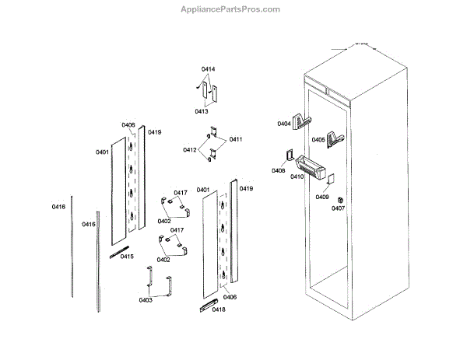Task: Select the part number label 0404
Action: tap(284, 124)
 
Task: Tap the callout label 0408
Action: tap(279, 170)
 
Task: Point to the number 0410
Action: tap(297, 177)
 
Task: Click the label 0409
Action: tap(322, 197)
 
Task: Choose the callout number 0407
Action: tap(338, 208)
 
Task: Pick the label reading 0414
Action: tap(208, 70)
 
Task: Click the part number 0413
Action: tap(202, 111)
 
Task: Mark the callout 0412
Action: tap(190, 150)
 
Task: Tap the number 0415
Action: tap(127, 257)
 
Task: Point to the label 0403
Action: tap(146, 300)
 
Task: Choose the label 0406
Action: tap(230, 297)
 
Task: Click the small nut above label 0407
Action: tap(339, 198)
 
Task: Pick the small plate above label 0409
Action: tap(330, 179)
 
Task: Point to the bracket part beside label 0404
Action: tap(303, 121)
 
